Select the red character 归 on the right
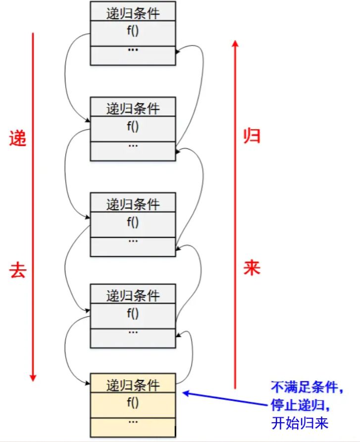coord(252,136)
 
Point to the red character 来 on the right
coord(252,268)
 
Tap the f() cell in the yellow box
coord(133,402)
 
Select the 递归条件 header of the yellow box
coord(133,385)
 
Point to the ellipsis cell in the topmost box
coord(133,51)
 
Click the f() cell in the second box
coord(133,126)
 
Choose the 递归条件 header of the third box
coord(133,203)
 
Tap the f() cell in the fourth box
coord(133,313)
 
